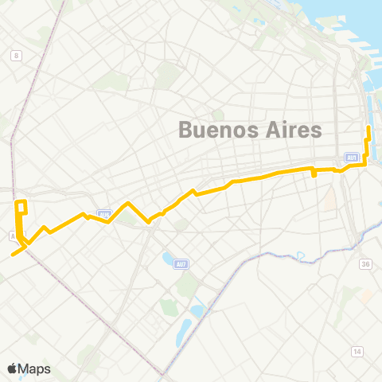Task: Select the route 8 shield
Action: [15, 54]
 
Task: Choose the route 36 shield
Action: [366, 264]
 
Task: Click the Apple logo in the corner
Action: [13, 368]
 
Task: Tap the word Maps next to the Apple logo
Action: [35, 368]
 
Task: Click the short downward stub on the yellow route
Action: [314, 173]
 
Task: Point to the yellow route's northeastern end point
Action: [368, 128]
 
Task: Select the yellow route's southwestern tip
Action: [13, 255]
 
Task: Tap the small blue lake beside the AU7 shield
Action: [166, 259]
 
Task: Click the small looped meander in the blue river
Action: [301, 256]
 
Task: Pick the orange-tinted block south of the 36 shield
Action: [366, 295]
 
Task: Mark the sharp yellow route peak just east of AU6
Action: [127, 204]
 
